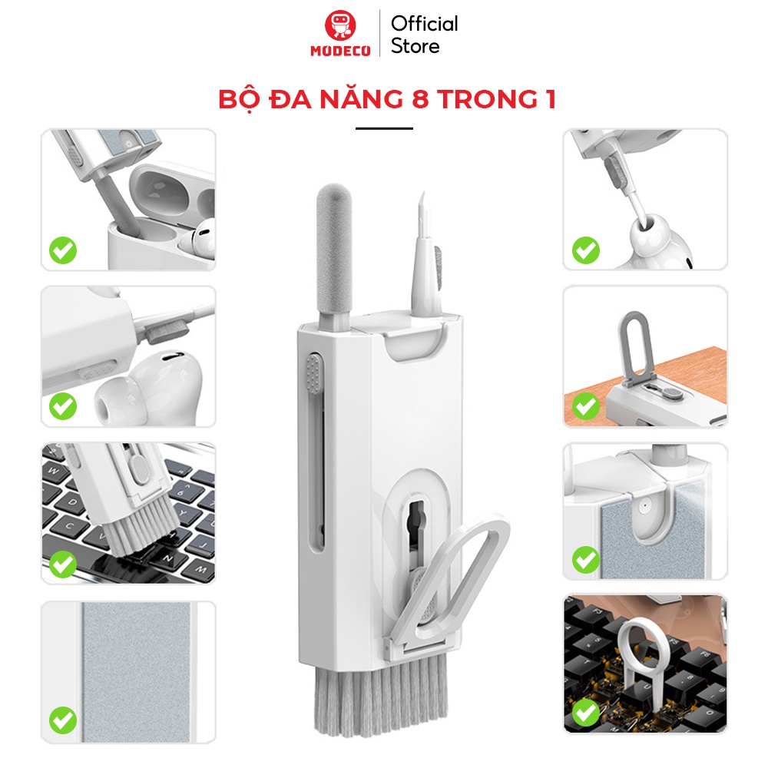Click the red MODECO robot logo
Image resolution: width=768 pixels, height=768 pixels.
[340, 25]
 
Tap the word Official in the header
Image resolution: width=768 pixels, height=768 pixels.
[424, 24]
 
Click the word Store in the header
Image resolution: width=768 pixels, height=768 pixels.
[415, 47]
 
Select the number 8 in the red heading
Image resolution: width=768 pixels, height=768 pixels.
[420, 99]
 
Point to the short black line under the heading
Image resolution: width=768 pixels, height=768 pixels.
[384, 128]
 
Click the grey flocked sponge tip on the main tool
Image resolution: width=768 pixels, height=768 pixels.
[334, 250]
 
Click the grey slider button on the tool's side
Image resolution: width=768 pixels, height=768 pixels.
[313, 374]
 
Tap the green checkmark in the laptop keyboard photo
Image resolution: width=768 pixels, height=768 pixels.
[63, 564]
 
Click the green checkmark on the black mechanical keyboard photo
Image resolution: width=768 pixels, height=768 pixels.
[586, 713]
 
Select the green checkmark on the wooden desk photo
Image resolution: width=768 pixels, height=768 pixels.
[586, 406]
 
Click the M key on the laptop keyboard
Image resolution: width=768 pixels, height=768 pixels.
[200, 568]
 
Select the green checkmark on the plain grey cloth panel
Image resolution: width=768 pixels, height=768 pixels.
[63, 720]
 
